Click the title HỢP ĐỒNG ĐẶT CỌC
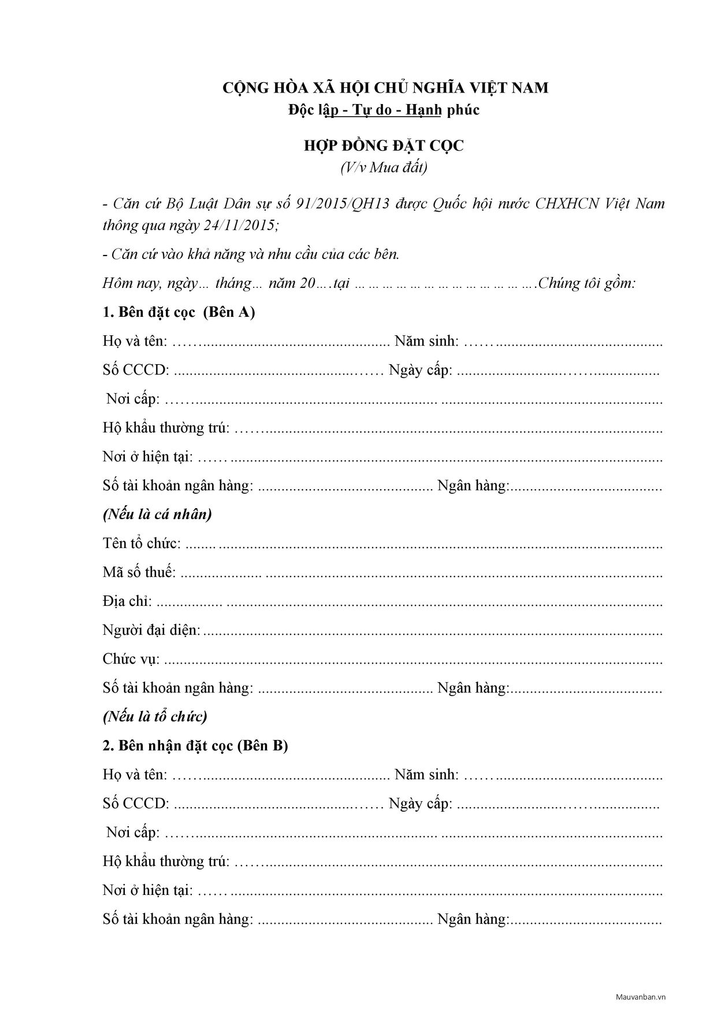pos(384,146)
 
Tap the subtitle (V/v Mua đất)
pos(384,168)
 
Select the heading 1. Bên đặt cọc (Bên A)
pos(179,312)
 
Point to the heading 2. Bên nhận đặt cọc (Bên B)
pos(195,746)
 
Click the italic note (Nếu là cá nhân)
pos(157,514)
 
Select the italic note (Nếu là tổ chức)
pos(155,717)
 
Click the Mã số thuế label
pos(139,572)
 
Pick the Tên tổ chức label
pos(142,543)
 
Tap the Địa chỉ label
pos(127,601)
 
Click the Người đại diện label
pos(151,630)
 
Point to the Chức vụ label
pos(131,659)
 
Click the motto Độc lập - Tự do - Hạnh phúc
pos(384,110)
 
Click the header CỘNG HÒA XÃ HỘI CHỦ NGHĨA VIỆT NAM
pos(386,88)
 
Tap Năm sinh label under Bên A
pos(426,341)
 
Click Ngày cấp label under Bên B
pos(420,804)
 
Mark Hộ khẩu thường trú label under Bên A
pos(166,428)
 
